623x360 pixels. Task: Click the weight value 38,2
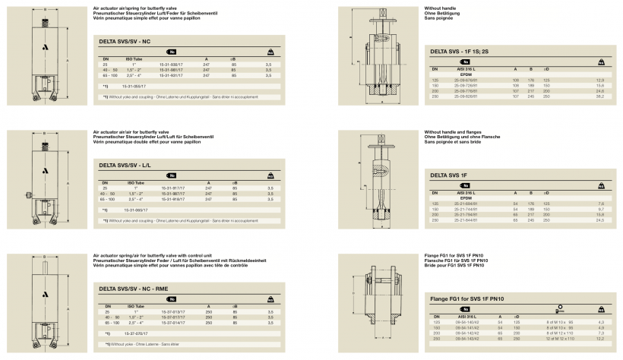(x=599, y=96)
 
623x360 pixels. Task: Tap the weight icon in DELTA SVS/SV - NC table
(x=270, y=52)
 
